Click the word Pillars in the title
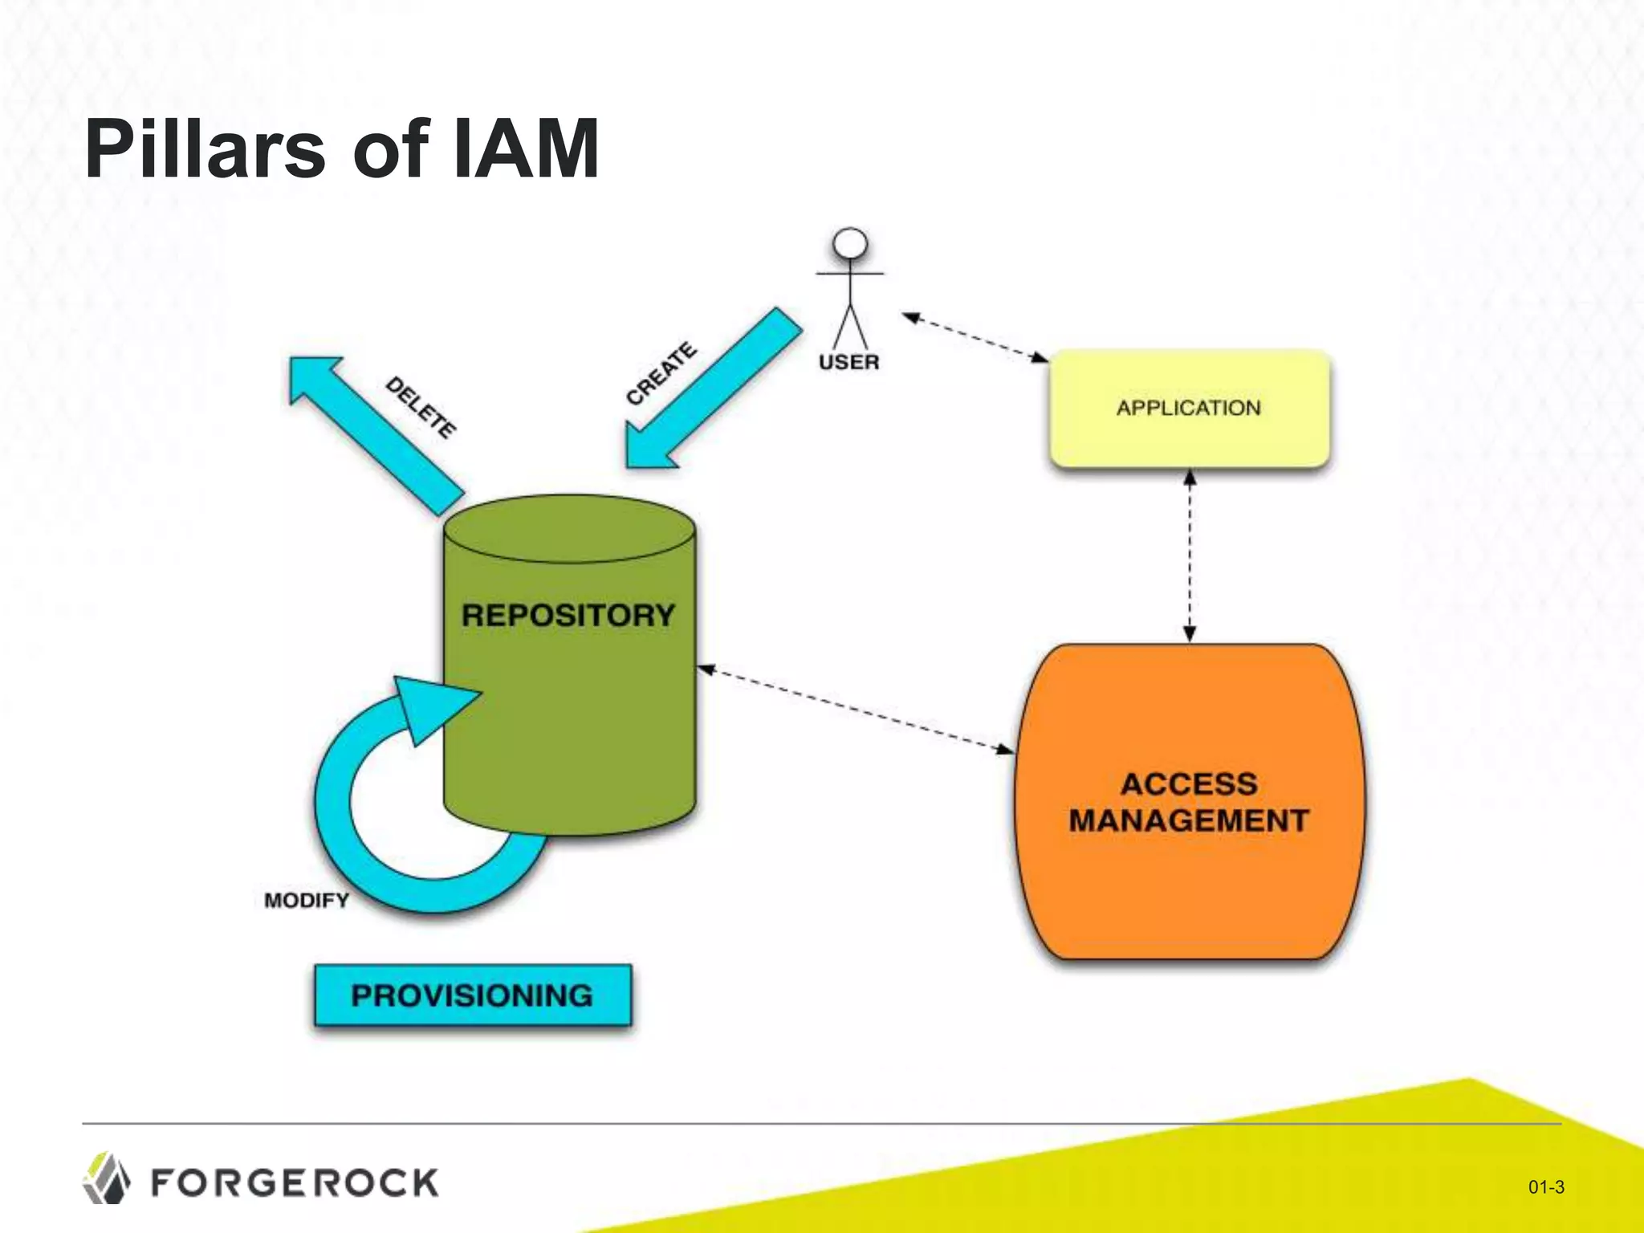205,150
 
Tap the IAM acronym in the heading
526,150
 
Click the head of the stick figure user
850,243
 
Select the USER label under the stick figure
848,363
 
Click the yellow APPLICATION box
1189,409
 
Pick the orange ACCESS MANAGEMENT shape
1189,803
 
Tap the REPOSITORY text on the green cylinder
568,616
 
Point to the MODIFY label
307,901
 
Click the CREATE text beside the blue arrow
661,374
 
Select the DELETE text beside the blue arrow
421,408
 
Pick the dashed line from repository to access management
856,710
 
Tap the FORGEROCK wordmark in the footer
295,1183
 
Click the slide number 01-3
1545,1187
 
